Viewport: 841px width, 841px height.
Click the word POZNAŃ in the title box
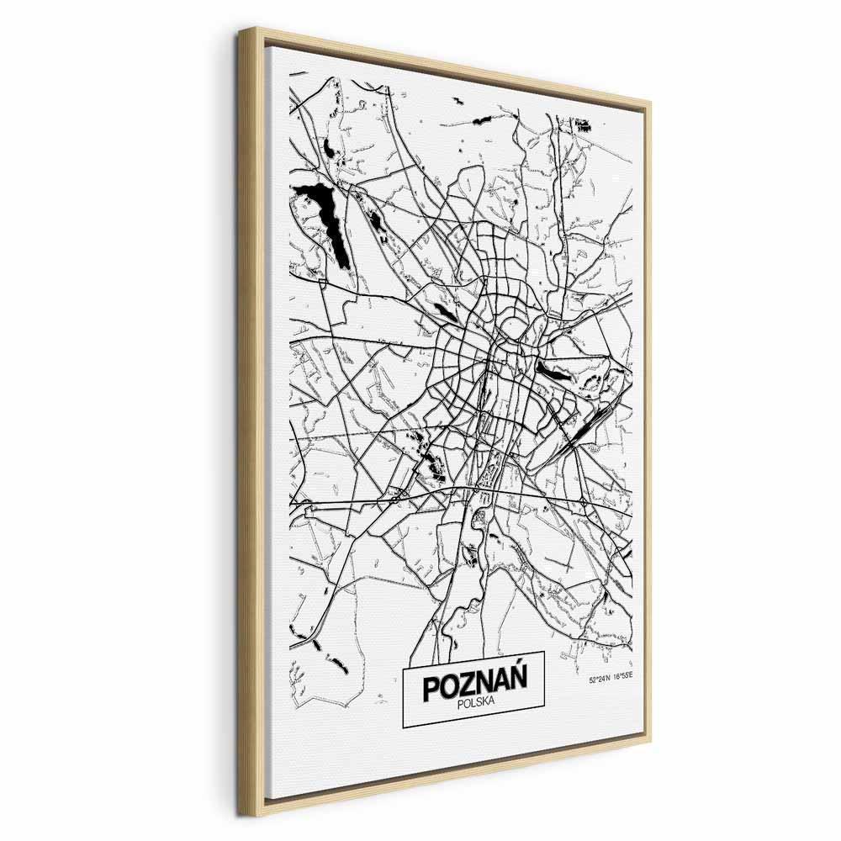click(x=474, y=685)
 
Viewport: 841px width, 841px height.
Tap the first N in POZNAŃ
click(x=484, y=685)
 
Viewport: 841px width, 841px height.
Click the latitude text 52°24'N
click(x=601, y=680)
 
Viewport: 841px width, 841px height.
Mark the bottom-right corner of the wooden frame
click(x=650, y=740)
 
